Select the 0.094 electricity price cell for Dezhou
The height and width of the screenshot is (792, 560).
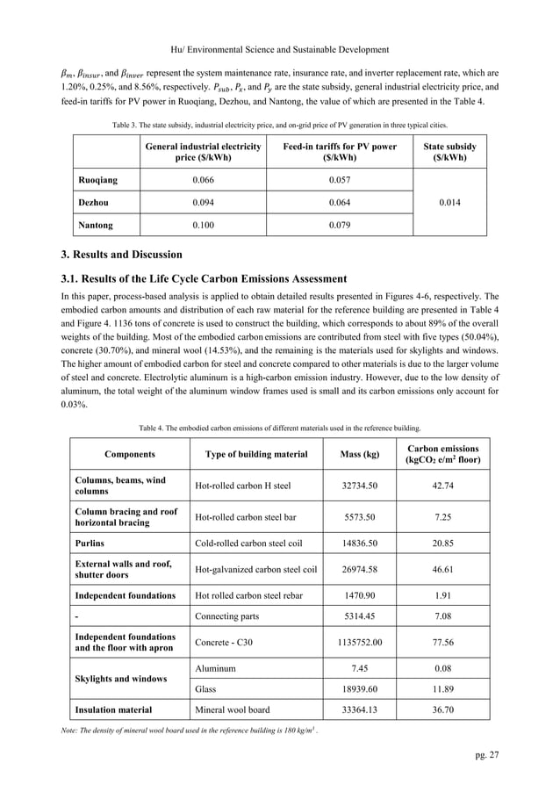pos(203,201)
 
